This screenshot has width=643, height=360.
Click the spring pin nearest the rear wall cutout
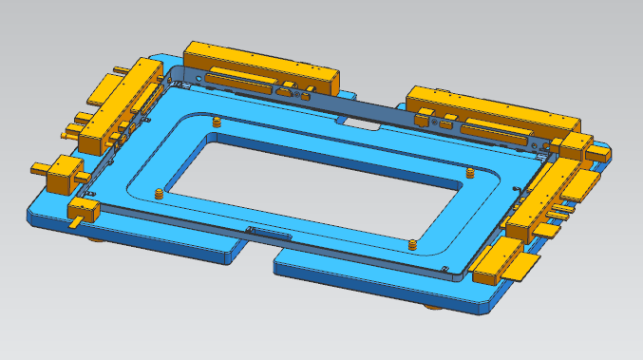[x=217, y=123]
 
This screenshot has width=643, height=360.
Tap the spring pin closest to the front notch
[x=411, y=244]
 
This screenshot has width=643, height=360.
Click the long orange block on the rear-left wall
[x=261, y=63]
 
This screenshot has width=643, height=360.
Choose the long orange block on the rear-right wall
[x=494, y=111]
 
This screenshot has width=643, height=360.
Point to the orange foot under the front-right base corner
[x=432, y=307]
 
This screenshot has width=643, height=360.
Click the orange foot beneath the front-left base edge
[x=96, y=239]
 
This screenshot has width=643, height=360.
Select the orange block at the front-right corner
[x=495, y=260]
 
